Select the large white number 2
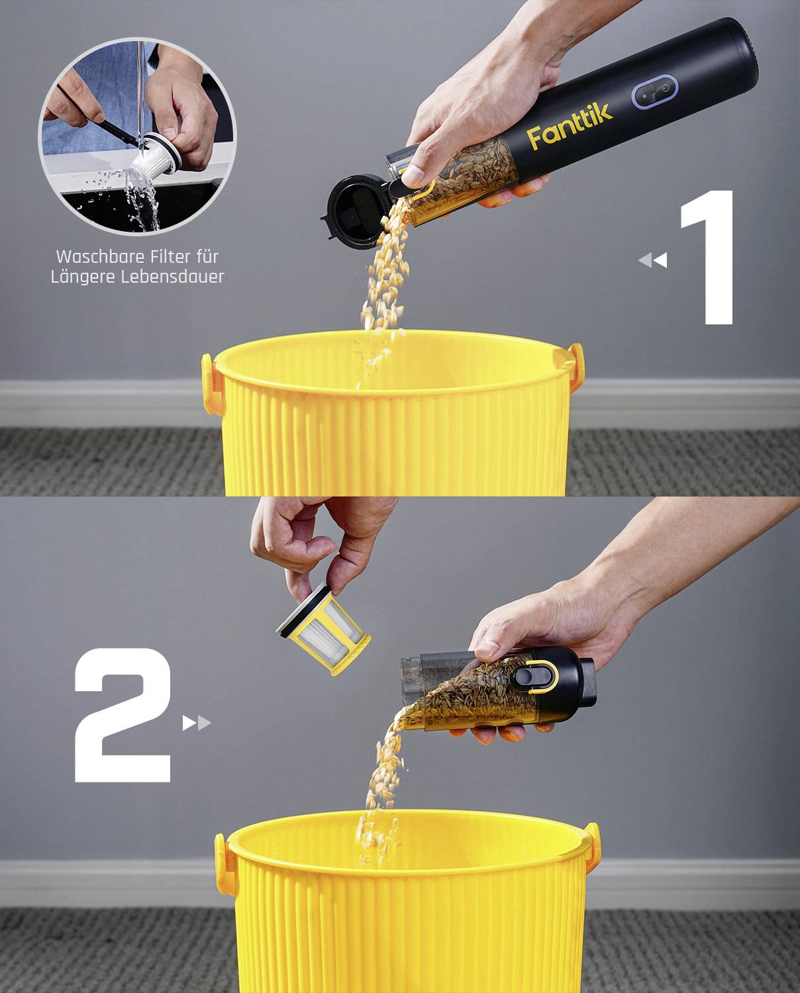(123, 715)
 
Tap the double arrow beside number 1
(652, 260)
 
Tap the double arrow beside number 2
(197, 723)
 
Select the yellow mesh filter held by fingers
(323, 628)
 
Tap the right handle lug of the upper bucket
(577, 368)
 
